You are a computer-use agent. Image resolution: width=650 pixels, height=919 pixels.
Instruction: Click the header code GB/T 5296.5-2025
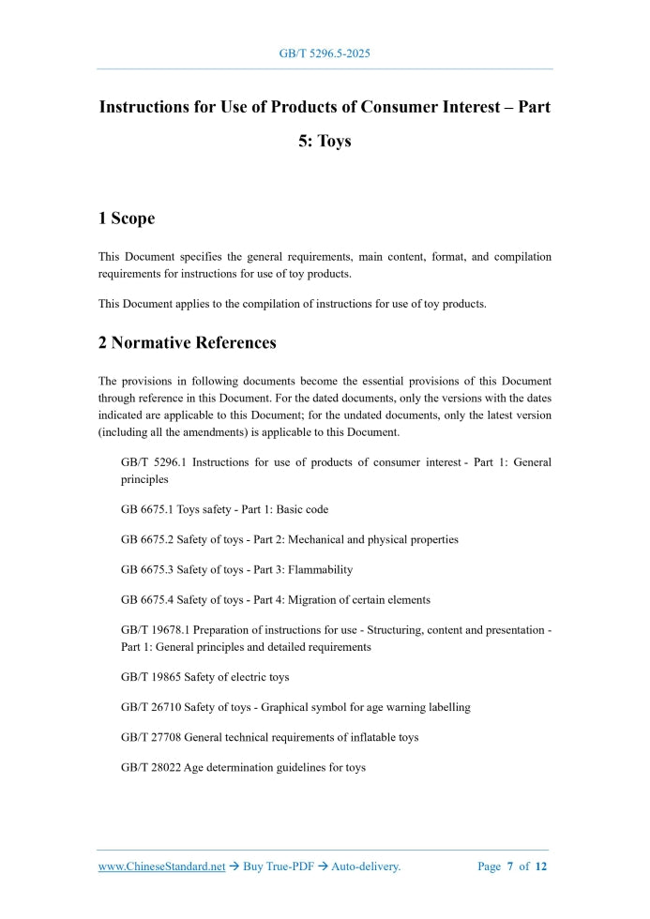[x=325, y=53]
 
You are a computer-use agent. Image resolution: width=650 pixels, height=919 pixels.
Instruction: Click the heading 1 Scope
[x=127, y=218]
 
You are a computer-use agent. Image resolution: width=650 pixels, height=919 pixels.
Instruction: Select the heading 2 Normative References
[x=187, y=342]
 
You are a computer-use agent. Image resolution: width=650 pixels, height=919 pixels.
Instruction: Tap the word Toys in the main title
[x=334, y=142]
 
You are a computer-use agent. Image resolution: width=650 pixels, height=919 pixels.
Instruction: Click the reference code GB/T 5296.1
[x=154, y=462]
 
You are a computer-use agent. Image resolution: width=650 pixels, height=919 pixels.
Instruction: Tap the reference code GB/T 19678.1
[x=158, y=630]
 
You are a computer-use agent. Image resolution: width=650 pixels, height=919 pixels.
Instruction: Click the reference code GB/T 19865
[x=151, y=677]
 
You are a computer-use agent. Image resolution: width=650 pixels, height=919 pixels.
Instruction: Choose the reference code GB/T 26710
[x=151, y=707]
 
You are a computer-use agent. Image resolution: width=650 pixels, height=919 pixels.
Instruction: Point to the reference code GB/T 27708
[x=151, y=737]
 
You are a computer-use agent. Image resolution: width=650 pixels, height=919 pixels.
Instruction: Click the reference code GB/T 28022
[x=151, y=767]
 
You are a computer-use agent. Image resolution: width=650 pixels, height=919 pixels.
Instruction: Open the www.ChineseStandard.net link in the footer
[x=161, y=866]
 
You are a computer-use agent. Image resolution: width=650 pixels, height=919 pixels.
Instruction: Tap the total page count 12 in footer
[x=540, y=866]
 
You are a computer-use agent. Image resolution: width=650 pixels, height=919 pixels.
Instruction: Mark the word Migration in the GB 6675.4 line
[x=314, y=599]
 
